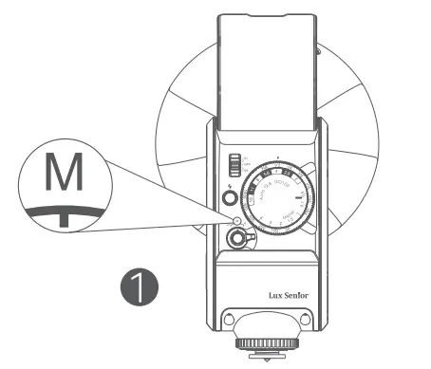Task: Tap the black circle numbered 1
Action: coord(140,285)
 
